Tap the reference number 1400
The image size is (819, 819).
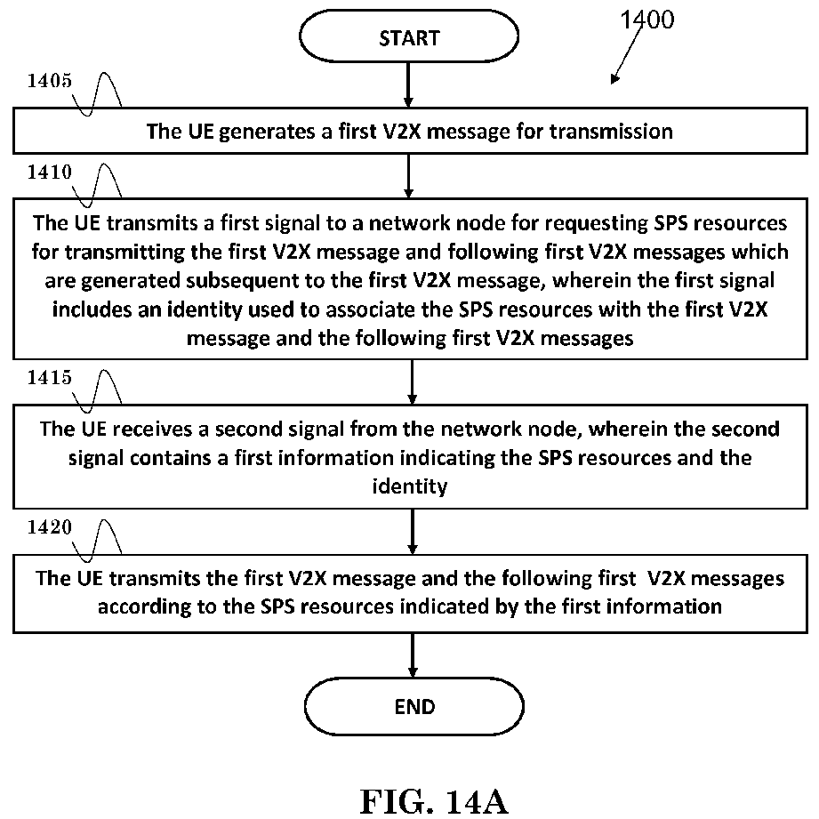[x=647, y=20]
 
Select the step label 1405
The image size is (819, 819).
[x=50, y=81]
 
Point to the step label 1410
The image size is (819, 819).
[x=50, y=172]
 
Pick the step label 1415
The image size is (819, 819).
[x=50, y=378]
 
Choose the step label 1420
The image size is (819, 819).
[x=50, y=527]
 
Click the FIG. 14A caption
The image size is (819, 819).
[x=434, y=801]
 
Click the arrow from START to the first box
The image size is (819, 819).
[x=408, y=85]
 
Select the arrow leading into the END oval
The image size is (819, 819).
[x=413, y=655]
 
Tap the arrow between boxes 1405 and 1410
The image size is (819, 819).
[x=408, y=176]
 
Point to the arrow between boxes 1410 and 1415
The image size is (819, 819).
[x=412, y=381]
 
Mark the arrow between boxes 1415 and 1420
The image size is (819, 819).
[x=412, y=532]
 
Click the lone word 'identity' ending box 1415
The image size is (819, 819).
[x=410, y=486]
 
